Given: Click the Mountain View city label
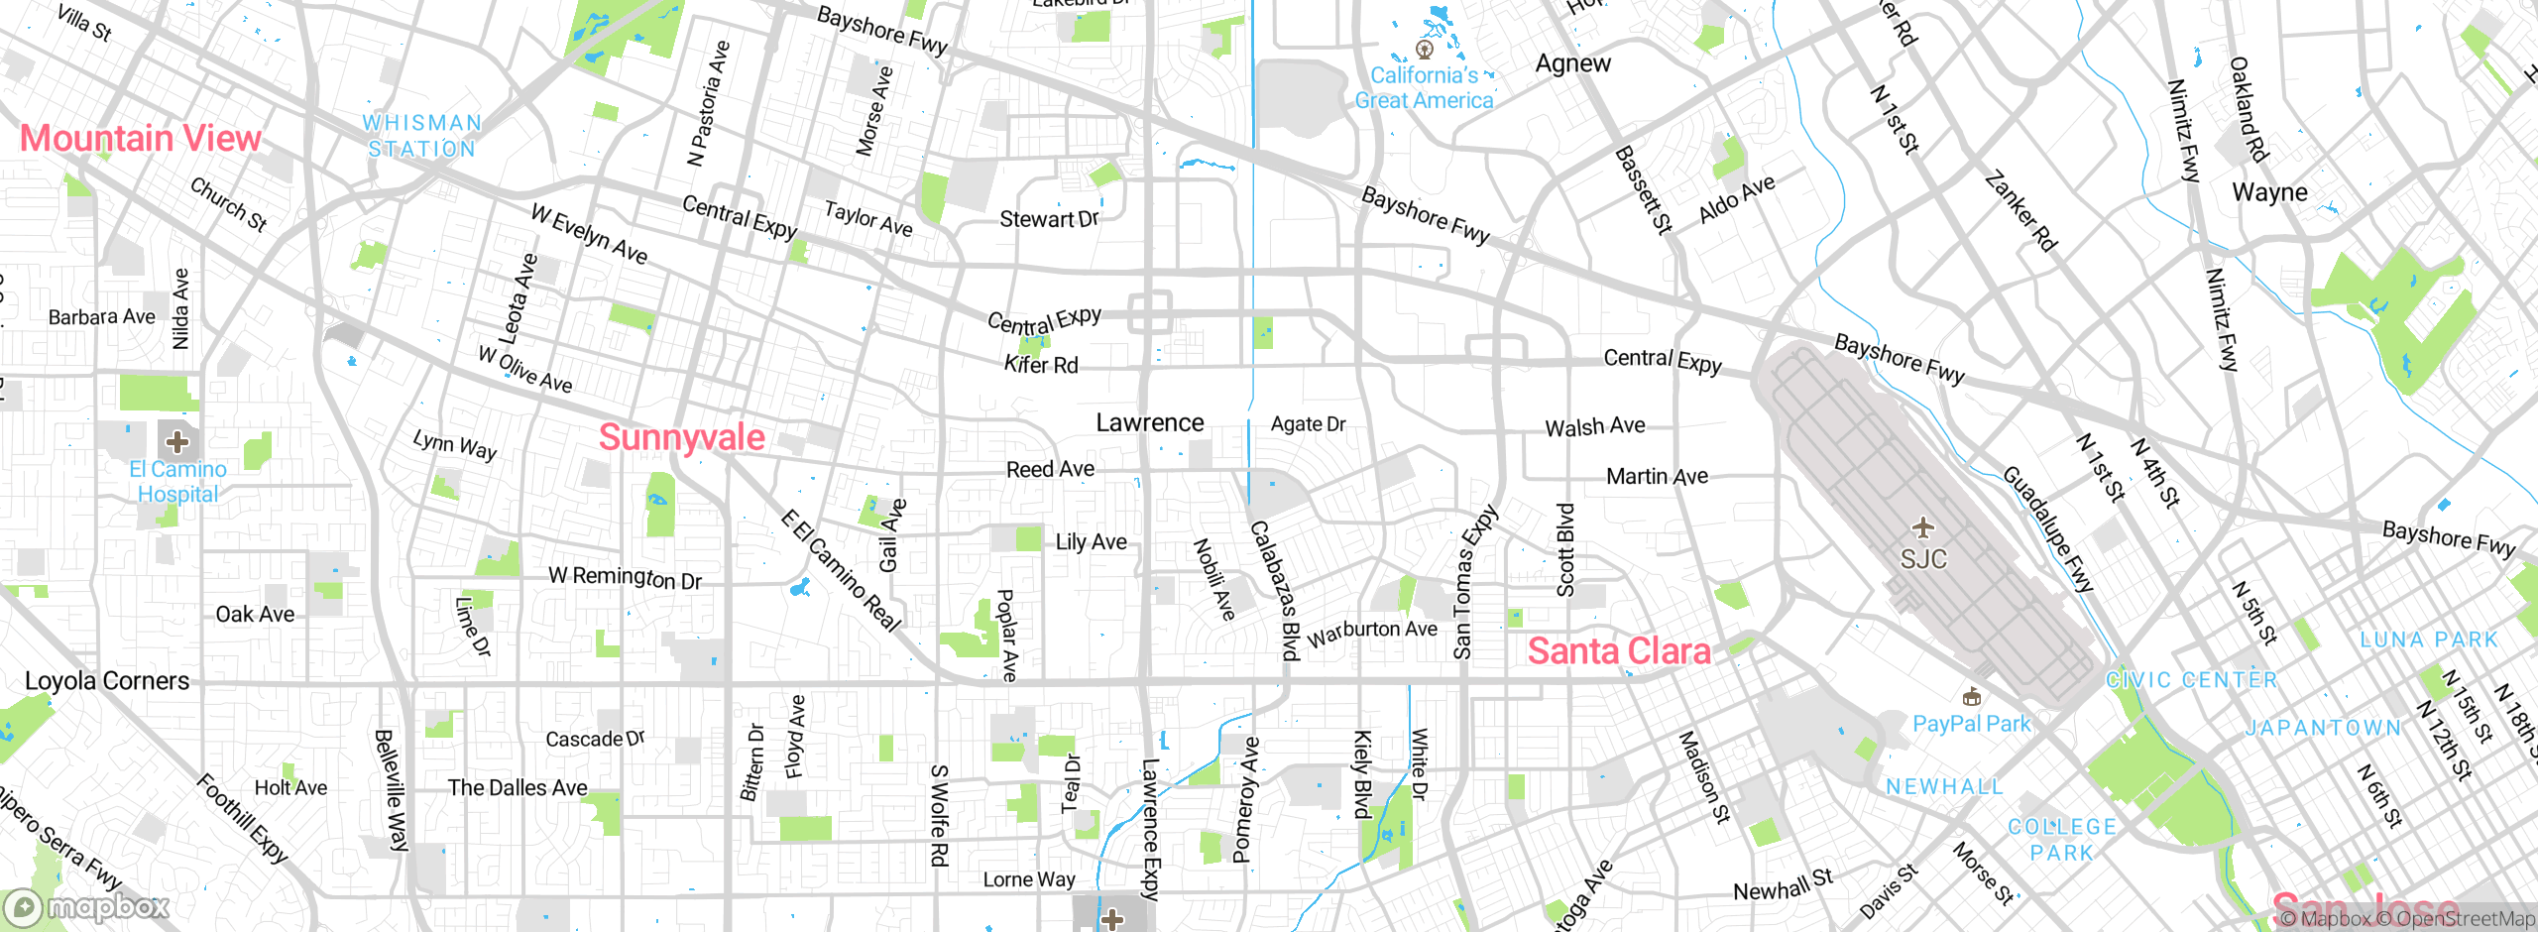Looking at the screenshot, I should [x=141, y=138].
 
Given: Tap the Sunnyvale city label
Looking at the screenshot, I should [x=682, y=437].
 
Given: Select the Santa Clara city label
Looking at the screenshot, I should [x=1618, y=651].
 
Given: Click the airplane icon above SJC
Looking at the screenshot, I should [x=1922, y=526].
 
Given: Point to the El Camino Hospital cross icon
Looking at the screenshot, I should [x=177, y=441].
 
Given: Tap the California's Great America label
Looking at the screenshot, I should [x=1424, y=87].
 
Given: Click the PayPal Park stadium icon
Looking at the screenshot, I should [x=1971, y=697].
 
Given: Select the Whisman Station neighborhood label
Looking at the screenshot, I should [x=422, y=136].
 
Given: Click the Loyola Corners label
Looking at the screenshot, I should [x=107, y=681].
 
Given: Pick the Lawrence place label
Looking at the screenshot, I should [x=1150, y=423].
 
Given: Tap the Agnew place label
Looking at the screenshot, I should [x=1573, y=63].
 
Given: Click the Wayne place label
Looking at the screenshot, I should [x=2269, y=192].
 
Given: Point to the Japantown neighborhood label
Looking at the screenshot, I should [x=2323, y=729].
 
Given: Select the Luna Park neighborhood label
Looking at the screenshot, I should [x=2429, y=641].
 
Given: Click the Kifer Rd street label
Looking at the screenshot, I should [x=1041, y=365].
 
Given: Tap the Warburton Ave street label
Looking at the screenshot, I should [x=1372, y=633].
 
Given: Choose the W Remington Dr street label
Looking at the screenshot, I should [x=625, y=577].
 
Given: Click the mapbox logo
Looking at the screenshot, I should [x=87, y=907].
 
